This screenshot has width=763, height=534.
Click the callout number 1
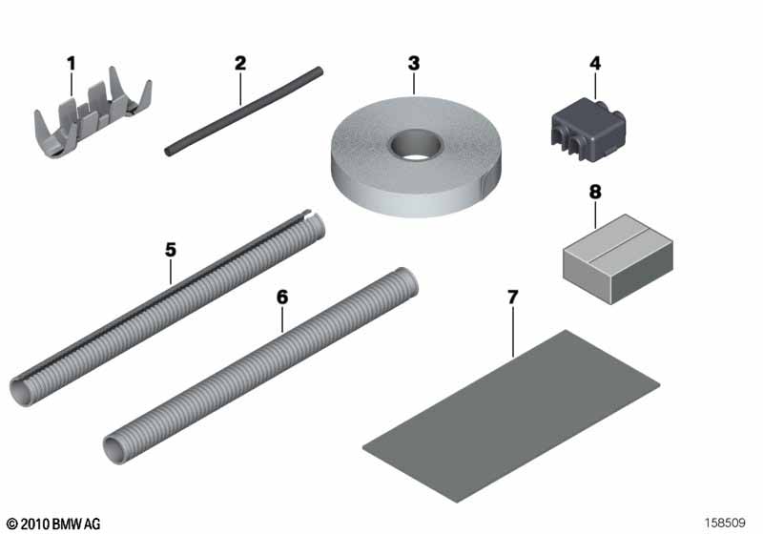pos(72,63)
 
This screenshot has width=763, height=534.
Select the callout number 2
pos(240,63)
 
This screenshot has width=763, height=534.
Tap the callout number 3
pos(414,63)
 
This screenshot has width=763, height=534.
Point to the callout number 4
pos(595,63)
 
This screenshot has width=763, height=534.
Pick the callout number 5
pos(171,250)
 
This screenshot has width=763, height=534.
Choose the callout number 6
pos(282,297)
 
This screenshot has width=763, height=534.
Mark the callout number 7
pos(513,297)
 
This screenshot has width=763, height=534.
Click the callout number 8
pos(595,192)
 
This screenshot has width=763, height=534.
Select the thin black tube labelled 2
pos(243,112)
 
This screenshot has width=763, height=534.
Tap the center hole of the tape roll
pos(415,145)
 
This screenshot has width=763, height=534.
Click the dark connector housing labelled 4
pos(588,128)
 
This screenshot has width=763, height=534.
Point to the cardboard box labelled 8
pos(618,258)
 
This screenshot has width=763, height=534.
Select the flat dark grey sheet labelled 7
pos(511,417)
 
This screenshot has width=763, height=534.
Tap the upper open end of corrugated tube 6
pos(408,281)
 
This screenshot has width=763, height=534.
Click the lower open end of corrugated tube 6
pos(114,449)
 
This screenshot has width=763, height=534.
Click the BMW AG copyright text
pos(53,524)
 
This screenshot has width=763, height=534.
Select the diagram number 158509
pos(725,523)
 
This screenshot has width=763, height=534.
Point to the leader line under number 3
pos(414,83)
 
